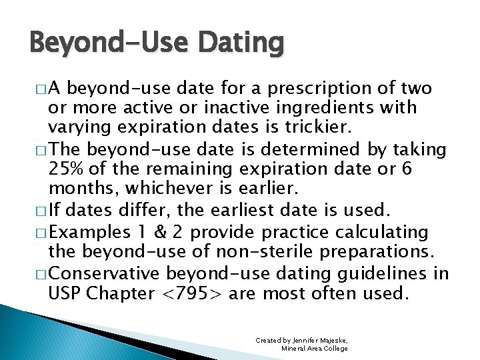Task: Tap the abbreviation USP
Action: (x=67, y=293)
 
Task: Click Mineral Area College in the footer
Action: (x=314, y=348)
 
